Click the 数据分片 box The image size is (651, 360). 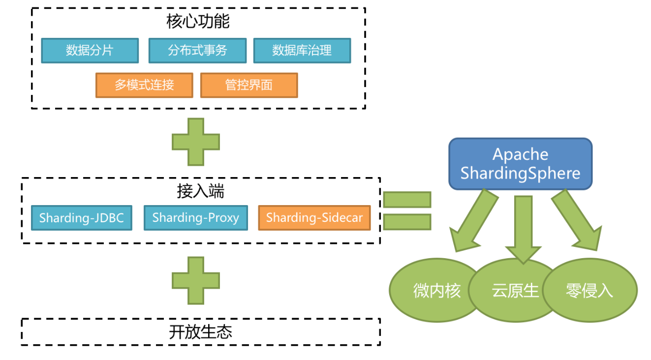click(x=90, y=51)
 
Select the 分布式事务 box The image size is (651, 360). click(x=197, y=51)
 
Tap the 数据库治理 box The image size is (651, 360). click(x=302, y=51)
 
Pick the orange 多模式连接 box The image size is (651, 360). click(x=144, y=86)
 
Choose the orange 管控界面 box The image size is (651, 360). click(x=249, y=86)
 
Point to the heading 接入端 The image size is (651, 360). click(x=200, y=191)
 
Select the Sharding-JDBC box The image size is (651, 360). click(x=82, y=218)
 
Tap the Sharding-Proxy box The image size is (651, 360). click(x=195, y=218)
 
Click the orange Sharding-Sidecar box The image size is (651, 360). click(x=314, y=218)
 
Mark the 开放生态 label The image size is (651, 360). click(x=200, y=332)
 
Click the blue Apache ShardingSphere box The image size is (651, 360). click(x=520, y=164)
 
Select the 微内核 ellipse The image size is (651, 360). click(x=433, y=290)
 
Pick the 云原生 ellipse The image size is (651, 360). click(x=515, y=290)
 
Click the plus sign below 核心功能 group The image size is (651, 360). click(x=196, y=142)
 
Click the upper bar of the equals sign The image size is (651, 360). click(x=407, y=200)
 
